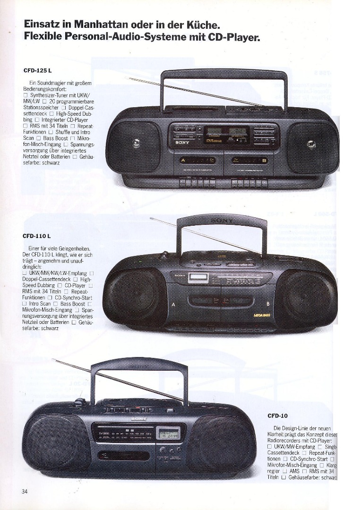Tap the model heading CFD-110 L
point(36,236)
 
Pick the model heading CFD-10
point(277,416)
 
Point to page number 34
point(25,491)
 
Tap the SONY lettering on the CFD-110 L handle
point(222,221)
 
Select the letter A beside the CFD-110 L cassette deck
point(173,304)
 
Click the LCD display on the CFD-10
point(169,433)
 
